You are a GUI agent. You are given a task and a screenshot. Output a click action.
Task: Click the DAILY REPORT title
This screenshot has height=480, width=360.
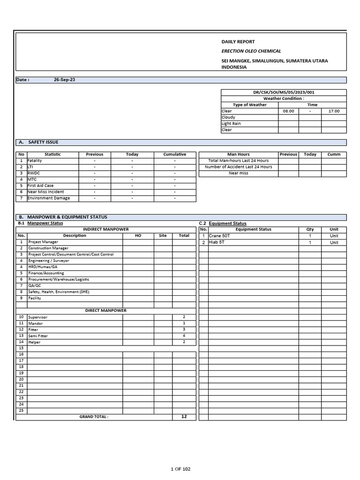pyautogui.click(x=238, y=42)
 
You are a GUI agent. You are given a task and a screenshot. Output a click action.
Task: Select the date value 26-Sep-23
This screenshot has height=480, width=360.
pyautogui.click(x=64, y=80)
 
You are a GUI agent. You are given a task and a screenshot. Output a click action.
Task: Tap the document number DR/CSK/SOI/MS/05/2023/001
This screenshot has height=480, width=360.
pyautogui.click(x=284, y=92)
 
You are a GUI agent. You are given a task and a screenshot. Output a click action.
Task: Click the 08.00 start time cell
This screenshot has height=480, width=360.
pyautogui.click(x=288, y=111)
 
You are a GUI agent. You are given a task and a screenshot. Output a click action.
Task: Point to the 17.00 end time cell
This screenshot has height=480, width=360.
pyautogui.click(x=334, y=111)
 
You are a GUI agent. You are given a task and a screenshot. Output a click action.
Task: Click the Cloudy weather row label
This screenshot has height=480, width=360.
pyautogui.click(x=228, y=117)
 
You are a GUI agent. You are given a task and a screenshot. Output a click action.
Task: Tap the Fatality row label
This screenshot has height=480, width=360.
pyautogui.click(x=35, y=161)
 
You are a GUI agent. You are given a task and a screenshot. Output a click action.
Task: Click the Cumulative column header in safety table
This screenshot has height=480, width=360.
pyautogui.click(x=174, y=154)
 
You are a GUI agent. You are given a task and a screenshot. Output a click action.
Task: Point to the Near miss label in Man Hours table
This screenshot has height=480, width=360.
pyautogui.click(x=238, y=173)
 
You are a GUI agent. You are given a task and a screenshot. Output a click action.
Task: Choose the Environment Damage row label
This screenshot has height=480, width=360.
pyautogui.click(x=48, y=198)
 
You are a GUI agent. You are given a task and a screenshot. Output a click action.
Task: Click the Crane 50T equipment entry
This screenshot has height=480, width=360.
pyautogui.click(x=220, y=236)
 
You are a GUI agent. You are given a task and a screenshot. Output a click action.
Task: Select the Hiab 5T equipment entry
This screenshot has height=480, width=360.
pyautogui.click(x=217, y=242)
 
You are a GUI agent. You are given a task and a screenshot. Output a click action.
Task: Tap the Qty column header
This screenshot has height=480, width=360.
pyautogui.click(x=310, y=229)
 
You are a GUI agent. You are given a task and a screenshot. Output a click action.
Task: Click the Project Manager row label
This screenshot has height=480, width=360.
pyautogui.click(x=43, y=242)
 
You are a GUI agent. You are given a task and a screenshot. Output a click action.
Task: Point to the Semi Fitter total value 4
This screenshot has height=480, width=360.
pyautogui.click(x=184, y=336)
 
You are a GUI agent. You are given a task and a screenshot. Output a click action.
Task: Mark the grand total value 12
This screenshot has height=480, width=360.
pyautogui.click(x=184, y=416)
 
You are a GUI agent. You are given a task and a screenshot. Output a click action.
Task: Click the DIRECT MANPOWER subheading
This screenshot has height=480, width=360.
pyautogui.click(x=105, y=310)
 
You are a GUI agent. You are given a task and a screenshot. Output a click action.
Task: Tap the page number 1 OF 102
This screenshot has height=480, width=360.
pyautogui.click(x=180, y=469)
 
